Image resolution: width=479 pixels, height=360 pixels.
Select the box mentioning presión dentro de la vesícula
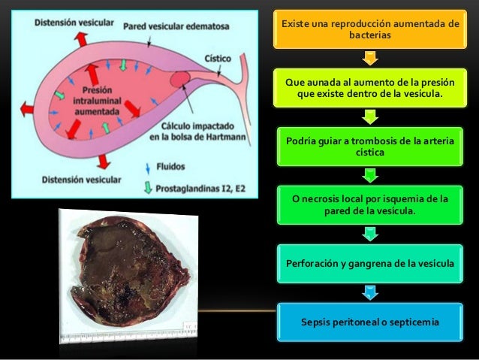[x=369, y=88]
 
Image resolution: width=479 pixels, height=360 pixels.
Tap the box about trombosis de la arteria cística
[x=369, y=147]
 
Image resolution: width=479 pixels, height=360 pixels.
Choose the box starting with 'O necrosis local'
[x=369, y=205]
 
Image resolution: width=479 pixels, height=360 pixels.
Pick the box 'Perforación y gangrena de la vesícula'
[x=369, y=263]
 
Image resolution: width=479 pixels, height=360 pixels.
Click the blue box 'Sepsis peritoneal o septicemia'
[x=369, y=322]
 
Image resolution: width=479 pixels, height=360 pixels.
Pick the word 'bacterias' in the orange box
[x=369, y=36]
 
